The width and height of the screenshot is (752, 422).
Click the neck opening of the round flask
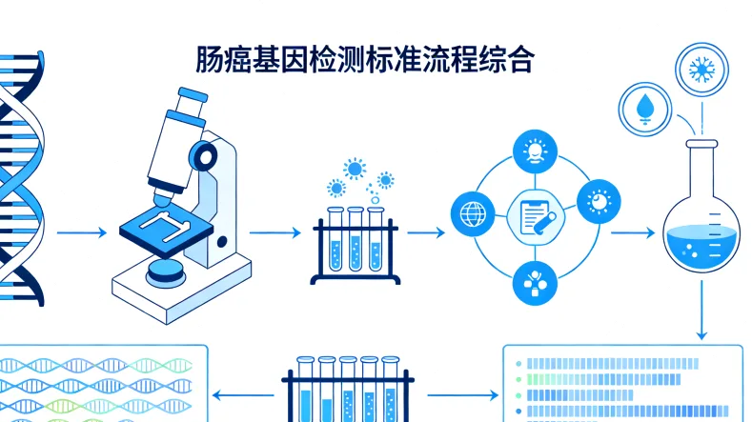(x=701, y=146)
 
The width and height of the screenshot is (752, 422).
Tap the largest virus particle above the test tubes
(x=356, y=169)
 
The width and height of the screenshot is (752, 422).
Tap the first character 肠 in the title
(x=212, y=59)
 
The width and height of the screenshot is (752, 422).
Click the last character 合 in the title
(x=520, y=59)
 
